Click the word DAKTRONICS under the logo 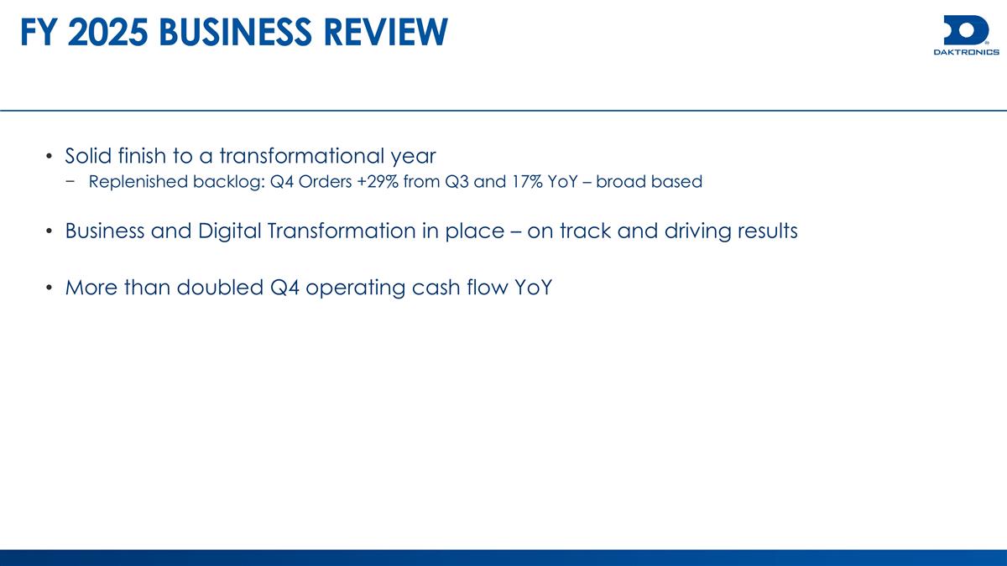click(x=966, y=52)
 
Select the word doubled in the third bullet click(x=217, y=288)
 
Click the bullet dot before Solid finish click(x=50, y=157)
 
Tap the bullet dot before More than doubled click(x=50, y=288)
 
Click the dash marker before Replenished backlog click(x=76, y=182)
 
